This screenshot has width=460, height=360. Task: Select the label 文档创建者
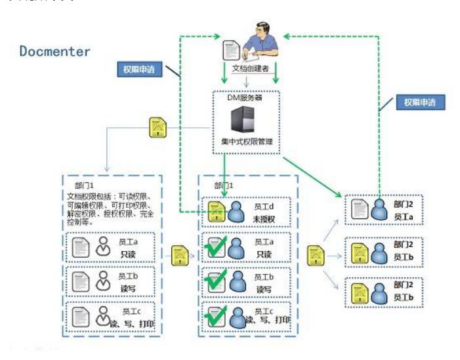249,68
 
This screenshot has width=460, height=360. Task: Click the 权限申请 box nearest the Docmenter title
138,68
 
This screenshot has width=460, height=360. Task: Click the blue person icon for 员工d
237,211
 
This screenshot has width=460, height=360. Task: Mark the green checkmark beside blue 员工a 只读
215,249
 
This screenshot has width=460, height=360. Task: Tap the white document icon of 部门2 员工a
360,209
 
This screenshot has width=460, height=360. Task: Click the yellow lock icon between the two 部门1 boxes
178,254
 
